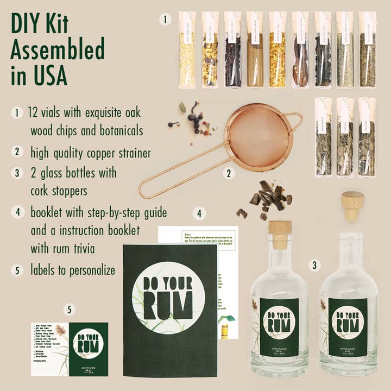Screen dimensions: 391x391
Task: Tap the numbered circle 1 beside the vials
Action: pos(165,19)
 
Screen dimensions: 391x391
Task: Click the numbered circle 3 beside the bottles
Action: pos(313,265)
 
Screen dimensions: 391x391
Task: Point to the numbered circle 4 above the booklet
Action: pos(200,213)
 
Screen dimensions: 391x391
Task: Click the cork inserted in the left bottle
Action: pos(280,234)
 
